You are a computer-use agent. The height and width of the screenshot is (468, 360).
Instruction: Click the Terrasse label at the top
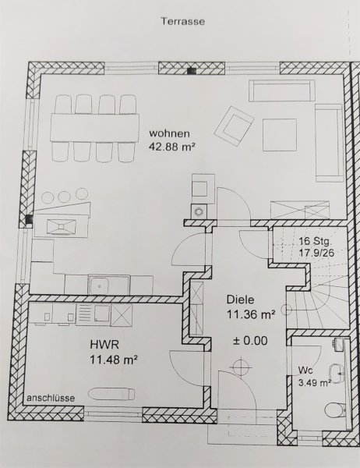(x=183, y=22)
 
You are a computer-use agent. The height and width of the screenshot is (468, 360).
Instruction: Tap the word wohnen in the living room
(x=169, y=133)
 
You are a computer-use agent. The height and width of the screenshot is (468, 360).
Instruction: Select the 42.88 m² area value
(x=172, y=147)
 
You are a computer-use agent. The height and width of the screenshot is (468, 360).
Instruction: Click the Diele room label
(x=241, y=300)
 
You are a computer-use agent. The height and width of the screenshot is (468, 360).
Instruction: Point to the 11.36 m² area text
(x=251, y=314)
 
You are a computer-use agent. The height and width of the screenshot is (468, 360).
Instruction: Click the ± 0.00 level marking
(x=250, y=341)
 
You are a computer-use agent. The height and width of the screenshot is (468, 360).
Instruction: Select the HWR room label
(x=104, y=345)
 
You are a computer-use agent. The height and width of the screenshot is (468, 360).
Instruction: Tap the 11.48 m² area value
(x=114, y=360)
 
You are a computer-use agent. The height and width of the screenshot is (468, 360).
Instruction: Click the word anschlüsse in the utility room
(x=51, y=398)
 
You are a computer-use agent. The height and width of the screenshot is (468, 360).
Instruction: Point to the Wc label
(x=305, y=370)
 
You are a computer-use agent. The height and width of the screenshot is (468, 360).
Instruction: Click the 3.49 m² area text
(x=315, y=383)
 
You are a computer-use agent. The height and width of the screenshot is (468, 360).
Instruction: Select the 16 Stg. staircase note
(x=314, y=241)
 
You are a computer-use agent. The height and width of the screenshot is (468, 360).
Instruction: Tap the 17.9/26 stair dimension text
(x=316, y=253)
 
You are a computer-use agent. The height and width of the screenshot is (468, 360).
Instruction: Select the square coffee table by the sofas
(x=280, y=135)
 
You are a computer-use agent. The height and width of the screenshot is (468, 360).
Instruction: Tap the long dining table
(x=95, y=128)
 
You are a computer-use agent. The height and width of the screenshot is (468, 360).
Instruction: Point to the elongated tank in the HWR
(x=111, y=394)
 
